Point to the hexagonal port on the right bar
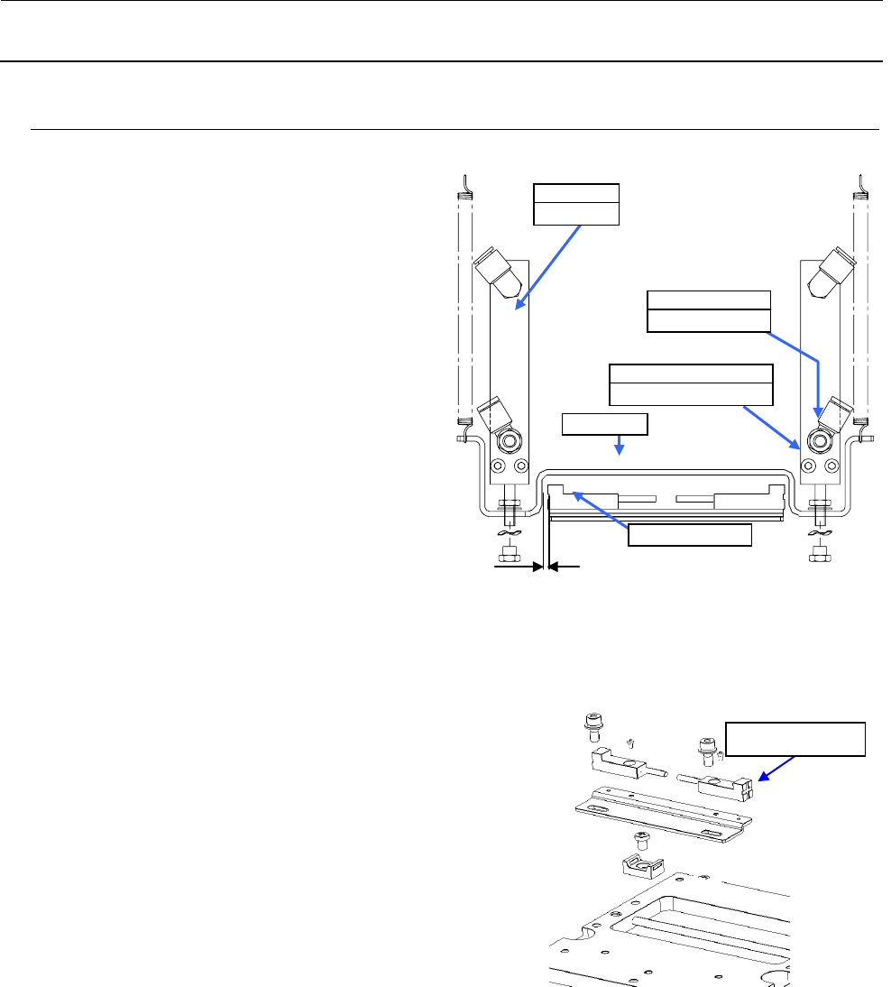[x=821, y=441]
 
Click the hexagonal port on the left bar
[x=510, y=441]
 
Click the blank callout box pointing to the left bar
[x=576, y=203]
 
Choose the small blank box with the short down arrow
[x=604, y=423]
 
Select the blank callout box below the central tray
[x=690, y=534]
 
